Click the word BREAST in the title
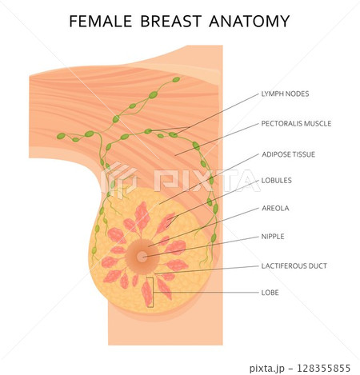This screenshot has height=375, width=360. [171, 21]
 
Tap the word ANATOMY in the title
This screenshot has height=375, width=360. [250, 21]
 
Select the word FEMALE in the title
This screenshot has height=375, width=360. [101, 21]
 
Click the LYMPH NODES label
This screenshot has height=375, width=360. [285, 94]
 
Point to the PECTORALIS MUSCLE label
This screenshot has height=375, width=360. [296, 123]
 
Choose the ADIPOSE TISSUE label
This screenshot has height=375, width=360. [288, 154]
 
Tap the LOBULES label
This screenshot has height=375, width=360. [277, 181]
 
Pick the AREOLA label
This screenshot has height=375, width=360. [275, 208]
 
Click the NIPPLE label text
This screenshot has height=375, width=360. [273, 237]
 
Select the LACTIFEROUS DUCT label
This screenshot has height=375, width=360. [294, 265]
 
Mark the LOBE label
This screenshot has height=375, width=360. [270, 293]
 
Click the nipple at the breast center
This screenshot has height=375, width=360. [142, 257]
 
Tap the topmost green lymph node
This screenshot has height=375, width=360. [176, 79]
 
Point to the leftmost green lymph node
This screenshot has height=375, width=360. [61, 136]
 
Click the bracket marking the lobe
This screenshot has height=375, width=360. [153, 293]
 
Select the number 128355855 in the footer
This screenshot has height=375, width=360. [323, 369]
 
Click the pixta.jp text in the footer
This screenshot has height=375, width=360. [266, 369]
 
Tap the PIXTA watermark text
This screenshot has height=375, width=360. [207, 181]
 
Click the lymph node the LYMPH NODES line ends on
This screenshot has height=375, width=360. [174, 134]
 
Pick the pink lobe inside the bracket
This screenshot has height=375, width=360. [147, 293]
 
